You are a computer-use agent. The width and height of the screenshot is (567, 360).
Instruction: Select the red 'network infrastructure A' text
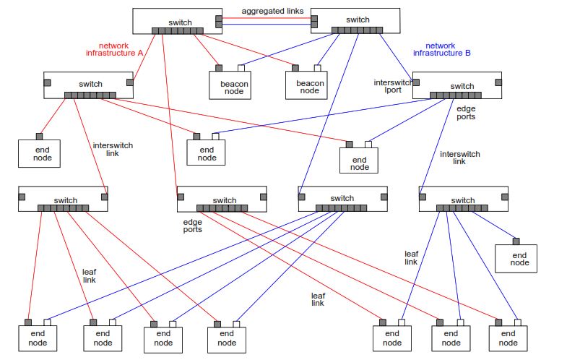(115, 49)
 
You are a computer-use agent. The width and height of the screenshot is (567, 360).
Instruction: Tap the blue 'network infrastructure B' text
(441, 49)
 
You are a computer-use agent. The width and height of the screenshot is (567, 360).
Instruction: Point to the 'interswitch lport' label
(392, 87)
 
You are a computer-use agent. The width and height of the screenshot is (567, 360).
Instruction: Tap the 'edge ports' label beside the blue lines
(466, 112)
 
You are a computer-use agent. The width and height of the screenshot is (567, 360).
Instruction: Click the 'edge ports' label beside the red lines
(192, 225)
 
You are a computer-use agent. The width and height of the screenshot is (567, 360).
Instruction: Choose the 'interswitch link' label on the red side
(113, 149)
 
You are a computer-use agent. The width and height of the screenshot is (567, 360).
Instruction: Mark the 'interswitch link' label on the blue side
(459, 158)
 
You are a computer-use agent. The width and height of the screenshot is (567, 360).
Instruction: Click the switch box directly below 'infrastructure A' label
(89, 85)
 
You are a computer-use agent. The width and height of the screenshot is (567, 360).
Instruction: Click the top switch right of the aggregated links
(355, 20)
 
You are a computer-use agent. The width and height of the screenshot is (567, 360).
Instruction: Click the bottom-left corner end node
(38, 338)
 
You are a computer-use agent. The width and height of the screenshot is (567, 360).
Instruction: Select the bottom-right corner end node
(508, 338)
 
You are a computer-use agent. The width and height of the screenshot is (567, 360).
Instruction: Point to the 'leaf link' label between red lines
(90, 275)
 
